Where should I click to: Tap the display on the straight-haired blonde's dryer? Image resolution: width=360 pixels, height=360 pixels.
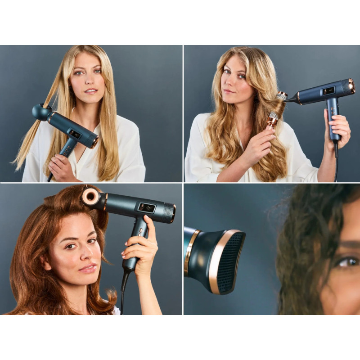tap(75, 134)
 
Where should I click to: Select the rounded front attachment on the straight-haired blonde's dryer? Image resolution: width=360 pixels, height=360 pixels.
tap(40, 112)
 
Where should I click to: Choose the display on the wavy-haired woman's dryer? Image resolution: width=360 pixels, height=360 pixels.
tap(328, 90)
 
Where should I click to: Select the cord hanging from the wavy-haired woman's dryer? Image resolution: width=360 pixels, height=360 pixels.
tap(335, 162)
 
